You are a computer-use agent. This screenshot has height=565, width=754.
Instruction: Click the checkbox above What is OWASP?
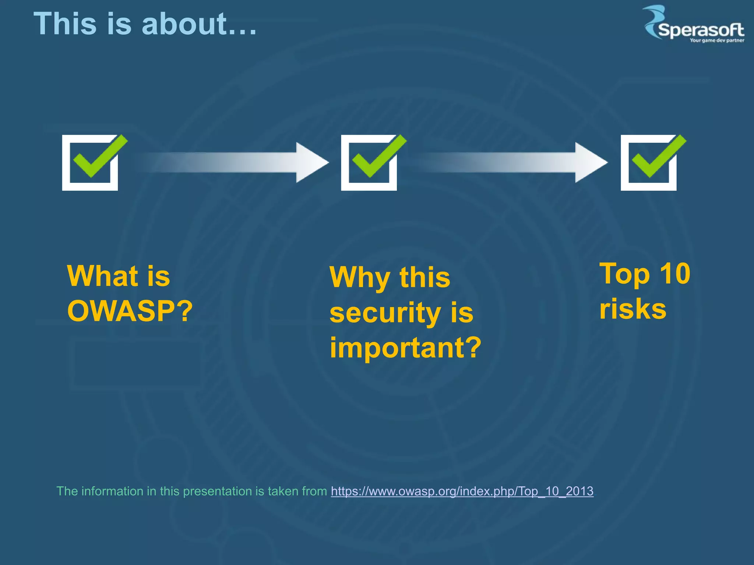point(90,163)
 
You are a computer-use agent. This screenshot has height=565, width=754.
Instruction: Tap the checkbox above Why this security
point(369,163)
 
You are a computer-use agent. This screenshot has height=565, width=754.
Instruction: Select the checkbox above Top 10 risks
point(649,163)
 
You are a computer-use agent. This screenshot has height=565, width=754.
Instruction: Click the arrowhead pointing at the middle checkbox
point(311,162)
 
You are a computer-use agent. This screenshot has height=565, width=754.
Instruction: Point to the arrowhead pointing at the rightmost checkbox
point(590,162)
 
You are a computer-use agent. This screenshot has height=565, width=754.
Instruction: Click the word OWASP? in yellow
point(130,311)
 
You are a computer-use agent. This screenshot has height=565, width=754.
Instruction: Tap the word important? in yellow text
point(405,348)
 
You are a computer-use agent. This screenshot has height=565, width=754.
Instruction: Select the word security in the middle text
point(385,313)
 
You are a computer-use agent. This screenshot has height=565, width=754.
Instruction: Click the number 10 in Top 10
point(674,274)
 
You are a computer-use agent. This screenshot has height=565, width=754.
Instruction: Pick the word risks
point(633,309)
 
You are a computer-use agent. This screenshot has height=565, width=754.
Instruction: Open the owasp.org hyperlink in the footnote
point(462,491)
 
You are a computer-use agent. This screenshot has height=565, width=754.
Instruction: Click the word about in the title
point(184,24)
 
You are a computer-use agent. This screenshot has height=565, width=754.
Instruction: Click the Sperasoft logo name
point(701,30)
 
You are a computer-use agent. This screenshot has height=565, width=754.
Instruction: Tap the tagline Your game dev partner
point(716,40)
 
